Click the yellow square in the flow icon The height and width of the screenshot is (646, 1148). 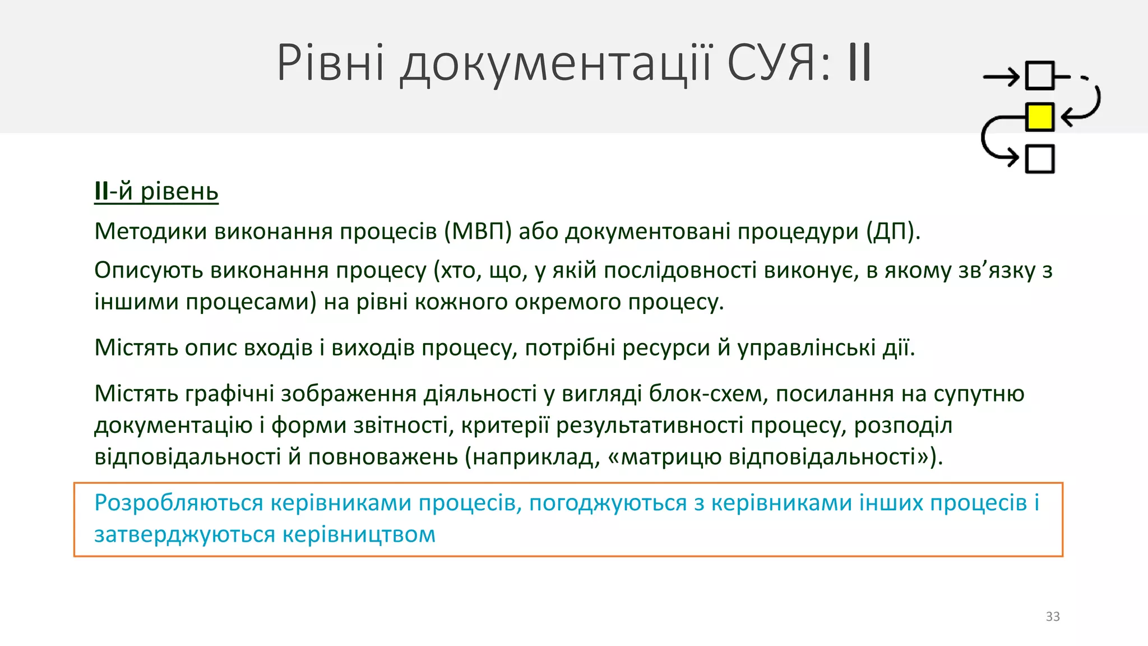click(1039, 117)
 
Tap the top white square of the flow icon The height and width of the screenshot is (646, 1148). click(1039, 76)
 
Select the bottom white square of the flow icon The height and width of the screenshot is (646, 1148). click(1039, 158)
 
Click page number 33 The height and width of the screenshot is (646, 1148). click(1053, 616)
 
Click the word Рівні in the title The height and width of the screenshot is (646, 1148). click(331, 63)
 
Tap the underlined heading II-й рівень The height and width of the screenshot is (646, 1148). click(156, 191)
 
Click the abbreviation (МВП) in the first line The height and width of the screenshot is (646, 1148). click(478, 231)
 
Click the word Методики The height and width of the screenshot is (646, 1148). click(151, 231)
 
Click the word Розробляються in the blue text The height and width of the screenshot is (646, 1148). click(178, 502)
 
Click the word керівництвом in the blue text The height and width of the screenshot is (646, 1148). click(359, 534)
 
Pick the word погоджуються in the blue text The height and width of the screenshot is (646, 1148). click(608, 504)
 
